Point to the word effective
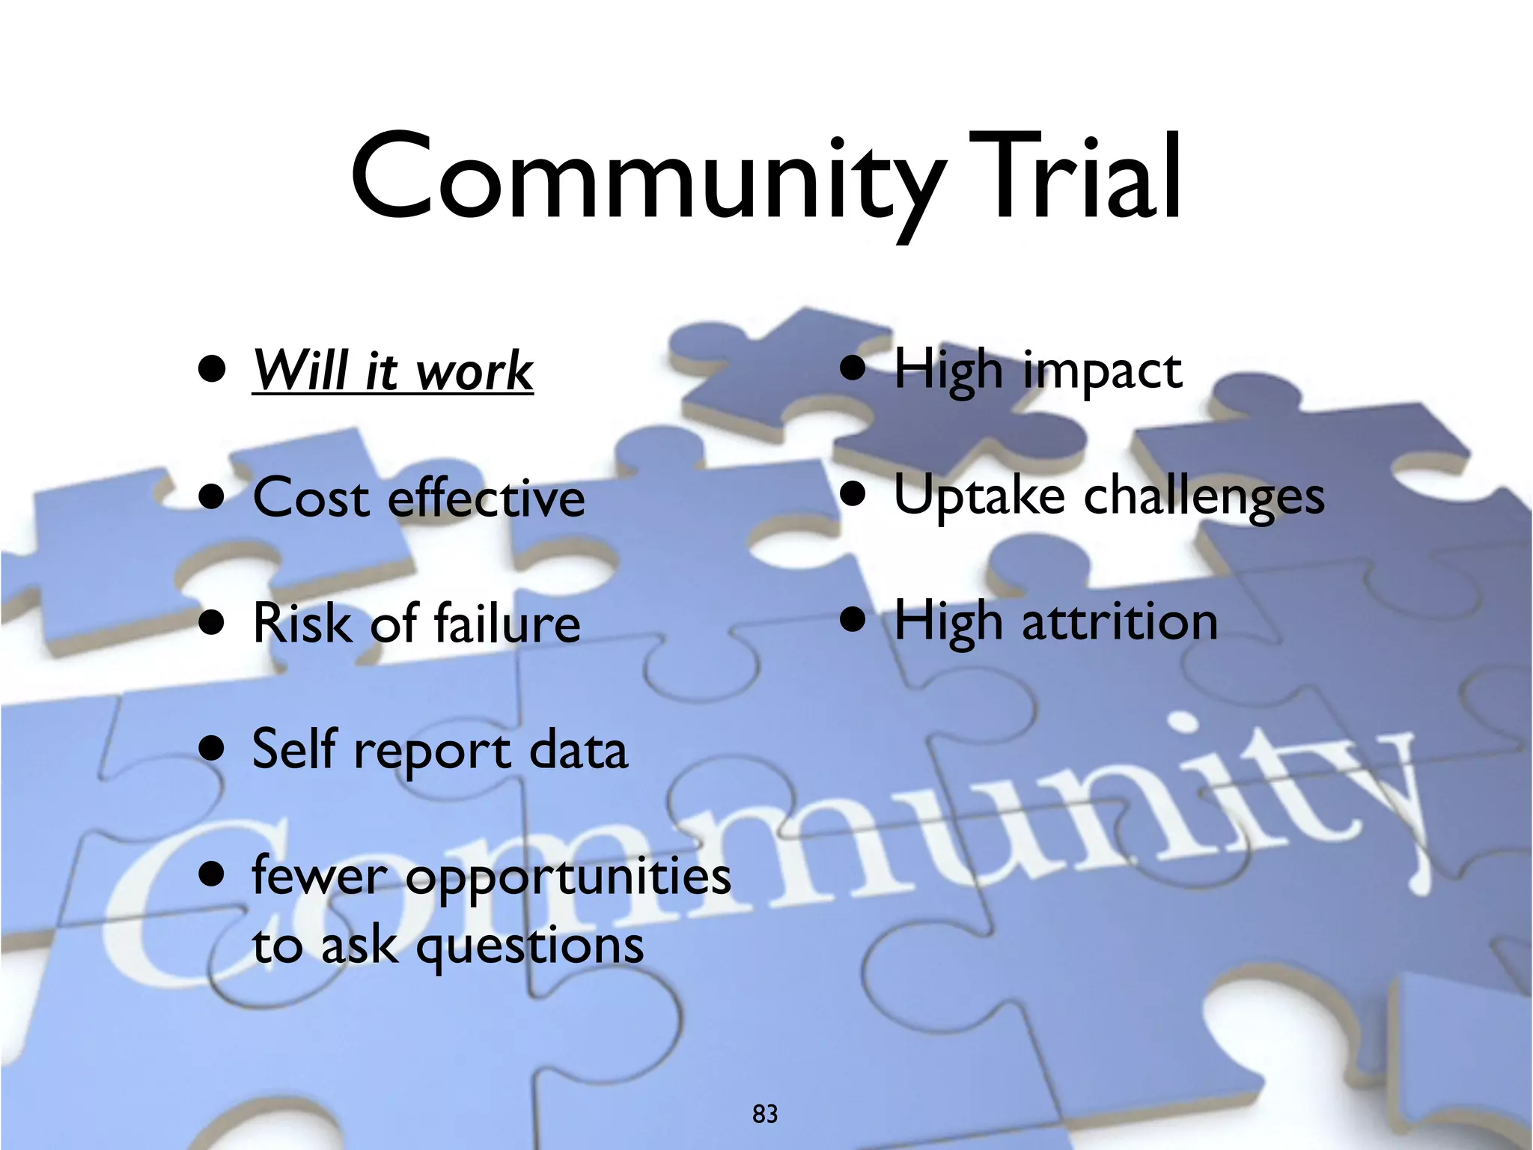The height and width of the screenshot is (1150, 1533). click(487, 498)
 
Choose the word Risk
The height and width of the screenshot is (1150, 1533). click(302, 623)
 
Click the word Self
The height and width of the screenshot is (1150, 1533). click(295, 749)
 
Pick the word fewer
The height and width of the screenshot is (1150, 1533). click(320, 876)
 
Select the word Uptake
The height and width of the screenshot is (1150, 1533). click(978, 498)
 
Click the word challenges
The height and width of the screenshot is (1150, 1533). click(1204, 498)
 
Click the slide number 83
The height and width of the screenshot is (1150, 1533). click(765, 1114)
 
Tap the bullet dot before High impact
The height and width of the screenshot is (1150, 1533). click(853, 368)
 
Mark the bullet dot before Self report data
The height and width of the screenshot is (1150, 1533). click(213, 747)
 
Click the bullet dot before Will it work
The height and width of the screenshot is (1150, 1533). click(213, 368)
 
